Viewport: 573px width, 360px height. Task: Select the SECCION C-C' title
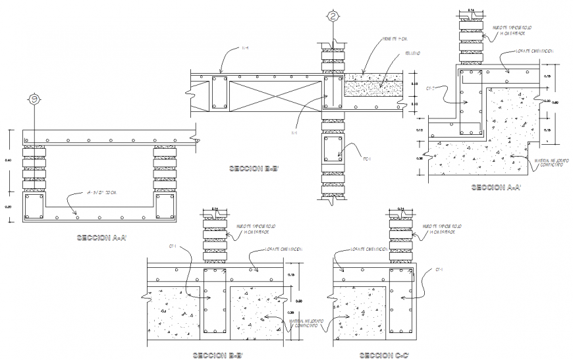[384, 355]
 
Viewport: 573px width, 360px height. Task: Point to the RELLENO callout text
[395, 53]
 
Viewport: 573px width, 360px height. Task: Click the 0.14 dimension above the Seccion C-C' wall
[402, 209]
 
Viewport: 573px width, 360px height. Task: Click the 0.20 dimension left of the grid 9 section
[8, 206]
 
